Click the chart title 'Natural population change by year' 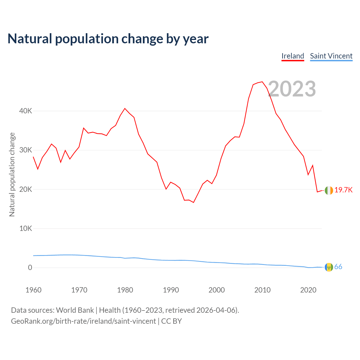[108, 39]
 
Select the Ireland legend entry [293, 56]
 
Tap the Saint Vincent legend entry [331, 56]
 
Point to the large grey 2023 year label [292, 89]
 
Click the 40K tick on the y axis [26, 111]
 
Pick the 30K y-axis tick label [26, 150]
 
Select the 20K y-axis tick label [26, 189]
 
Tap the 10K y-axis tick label [26, 228]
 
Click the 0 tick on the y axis [30, 267]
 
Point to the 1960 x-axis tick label [33, 290]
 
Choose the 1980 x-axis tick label [125, 290]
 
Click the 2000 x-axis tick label [217, 290]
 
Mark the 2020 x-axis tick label [308, 290]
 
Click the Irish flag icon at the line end [329, 190]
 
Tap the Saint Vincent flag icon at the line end [329, 267]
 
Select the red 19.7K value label [343, 190]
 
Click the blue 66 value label [338, 267]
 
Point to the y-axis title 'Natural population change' [12, 175]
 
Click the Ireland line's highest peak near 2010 [262, 82]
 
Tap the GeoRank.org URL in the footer [83, 321]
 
